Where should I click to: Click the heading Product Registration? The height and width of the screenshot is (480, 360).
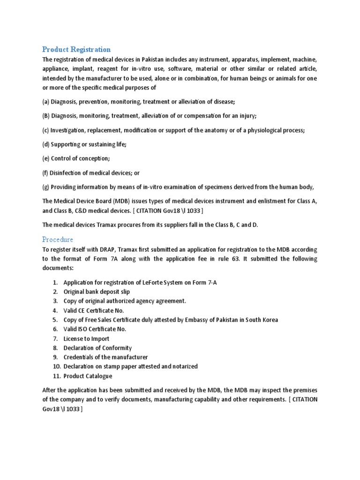(x=76, y=49)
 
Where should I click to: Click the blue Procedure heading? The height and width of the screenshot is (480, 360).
(x=58, y=240)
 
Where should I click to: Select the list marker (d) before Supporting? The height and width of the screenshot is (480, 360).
(x=46, y=144)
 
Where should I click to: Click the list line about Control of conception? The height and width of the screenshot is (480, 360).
(x=76, y=158)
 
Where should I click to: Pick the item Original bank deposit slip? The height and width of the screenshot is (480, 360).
(x=97, y=292)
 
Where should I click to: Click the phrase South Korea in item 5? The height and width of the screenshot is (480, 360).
(x=262, y=320)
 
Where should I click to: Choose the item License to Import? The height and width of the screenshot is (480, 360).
(x=86, y=338)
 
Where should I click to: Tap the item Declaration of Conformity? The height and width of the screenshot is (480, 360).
(x=97, y=348)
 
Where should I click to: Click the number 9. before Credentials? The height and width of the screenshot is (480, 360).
(x=55, y=357)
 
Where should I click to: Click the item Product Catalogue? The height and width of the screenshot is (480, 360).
(x=88, y=376)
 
